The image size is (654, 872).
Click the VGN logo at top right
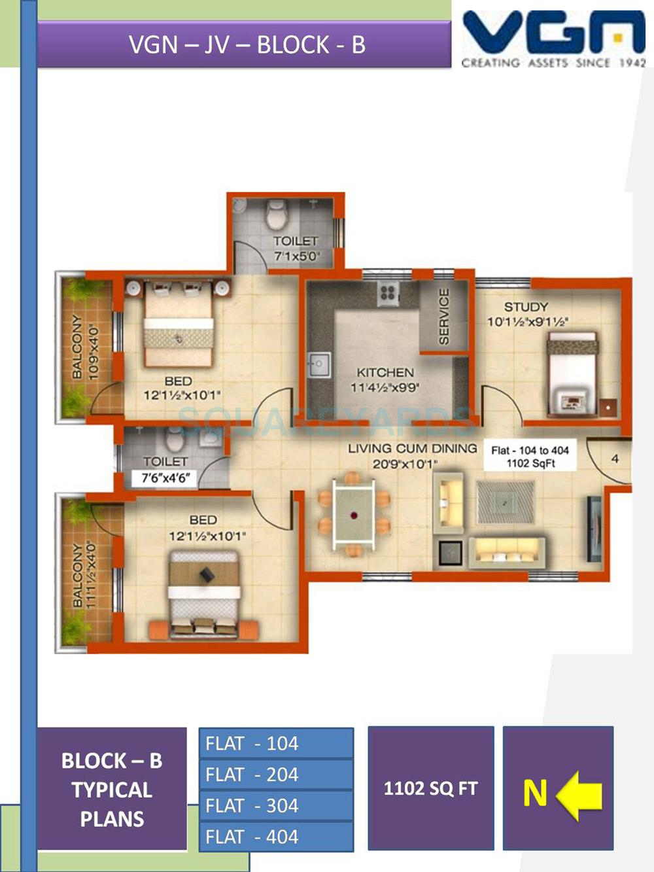(x=553, y=38)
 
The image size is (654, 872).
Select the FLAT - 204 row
(x=276, y=775)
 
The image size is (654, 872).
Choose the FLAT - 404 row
(x=276, y=837)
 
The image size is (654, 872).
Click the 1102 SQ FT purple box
(x=431, y=788)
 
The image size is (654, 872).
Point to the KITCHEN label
(x=385, y=372)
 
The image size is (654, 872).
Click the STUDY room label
(x=526, y=307)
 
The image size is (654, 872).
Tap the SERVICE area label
(x=444, y=317)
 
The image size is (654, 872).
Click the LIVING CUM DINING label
(x=412, y=449)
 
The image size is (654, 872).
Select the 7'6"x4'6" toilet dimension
(x=165, y=478)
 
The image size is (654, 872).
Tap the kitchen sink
(x=319, y=365)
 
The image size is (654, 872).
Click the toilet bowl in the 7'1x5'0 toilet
(x=277, y=213)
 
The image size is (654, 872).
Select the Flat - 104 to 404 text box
(x=530, y=456)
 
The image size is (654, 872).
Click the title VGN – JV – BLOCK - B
(x=247, y=44)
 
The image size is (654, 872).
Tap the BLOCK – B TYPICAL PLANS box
(x=112, y=789)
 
